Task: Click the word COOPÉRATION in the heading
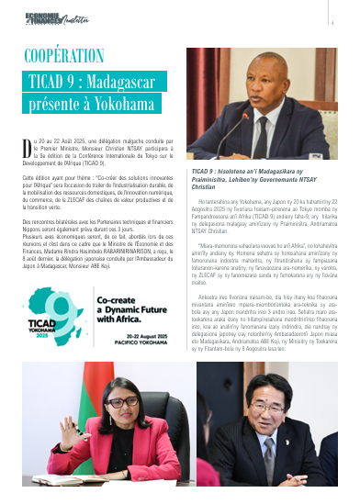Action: coord(63,55)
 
